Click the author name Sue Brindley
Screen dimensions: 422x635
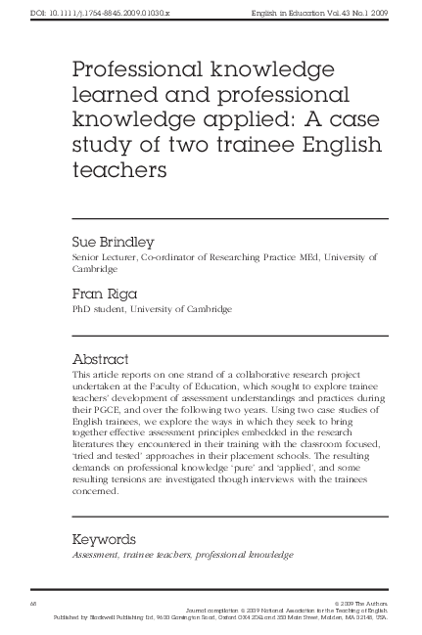click(113, 240)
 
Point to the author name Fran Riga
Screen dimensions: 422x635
click(103, 291)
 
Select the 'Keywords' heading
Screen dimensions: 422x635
click(112, 538)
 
